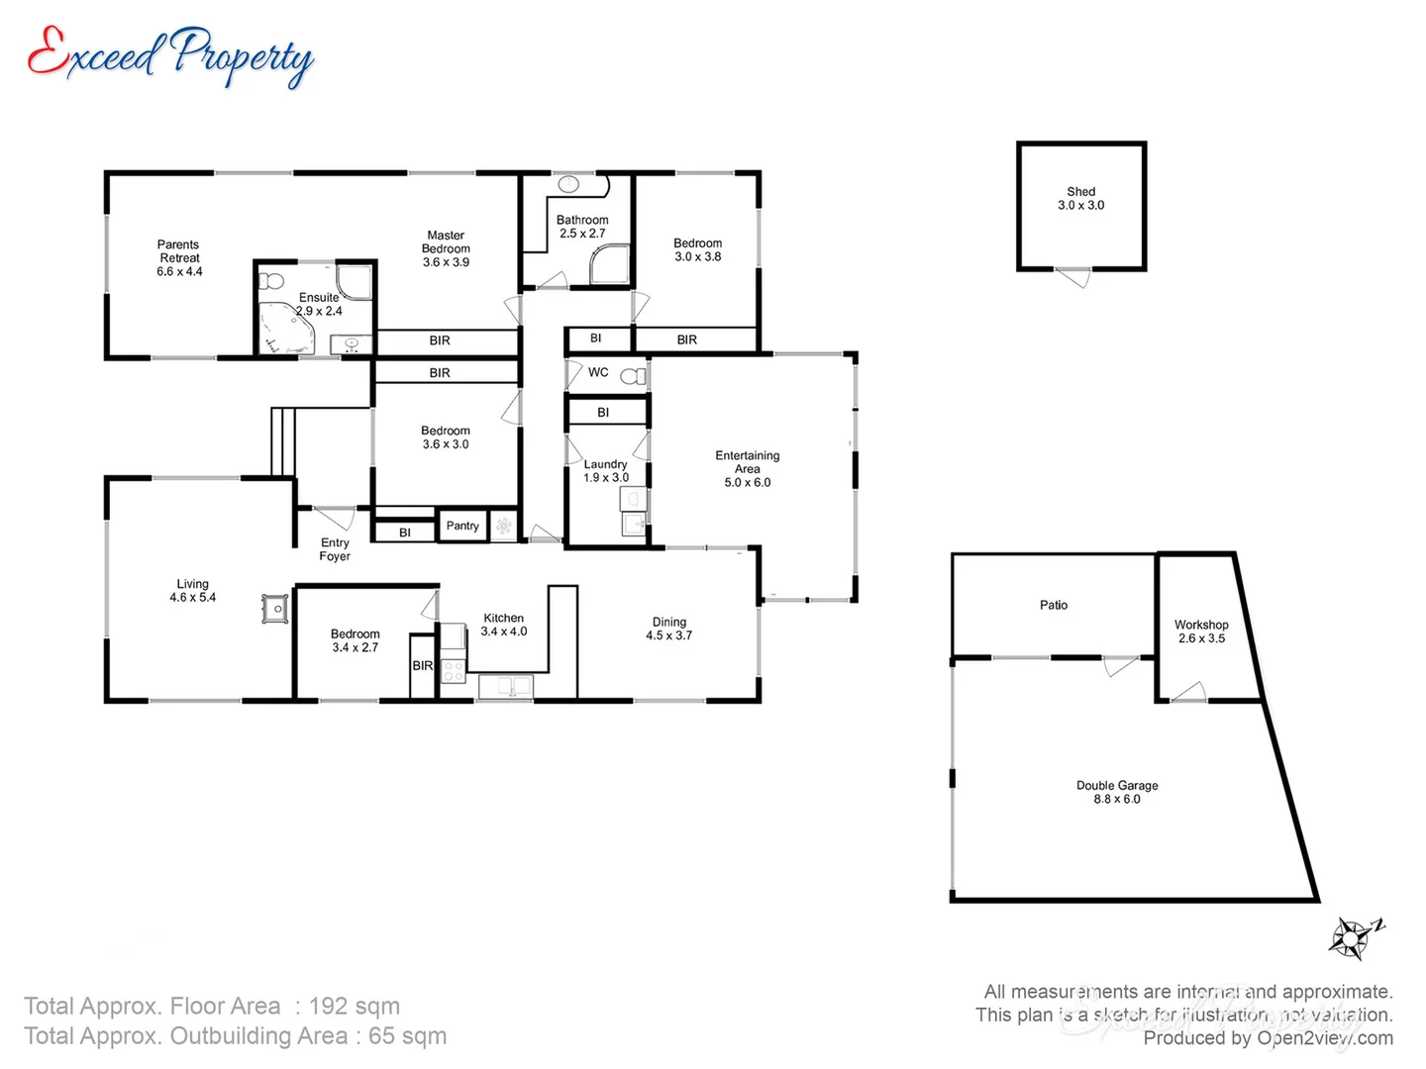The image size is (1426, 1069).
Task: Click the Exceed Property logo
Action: [170, 56]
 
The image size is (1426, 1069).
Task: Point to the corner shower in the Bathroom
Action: [610, 265]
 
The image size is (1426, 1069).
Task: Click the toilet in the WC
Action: [634, 376]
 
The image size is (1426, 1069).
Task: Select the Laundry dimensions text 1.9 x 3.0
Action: [606, 478]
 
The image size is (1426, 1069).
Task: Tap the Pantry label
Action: [462, 526]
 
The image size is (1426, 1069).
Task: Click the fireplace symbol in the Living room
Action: [275, 609]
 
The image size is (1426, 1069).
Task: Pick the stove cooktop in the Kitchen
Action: [454, 670]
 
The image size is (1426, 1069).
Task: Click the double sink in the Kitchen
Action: [506, 685]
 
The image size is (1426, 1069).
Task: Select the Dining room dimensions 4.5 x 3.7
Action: [669, 635]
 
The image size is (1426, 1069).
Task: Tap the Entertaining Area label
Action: [748, 462]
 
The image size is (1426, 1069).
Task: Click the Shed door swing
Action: [1073, 278]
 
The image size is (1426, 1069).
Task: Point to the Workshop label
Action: [1201, 625]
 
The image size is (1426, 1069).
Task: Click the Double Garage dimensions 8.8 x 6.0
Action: [1117, 799]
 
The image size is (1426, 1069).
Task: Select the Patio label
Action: [1054, 605]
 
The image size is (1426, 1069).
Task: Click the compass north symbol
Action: [1354, 937]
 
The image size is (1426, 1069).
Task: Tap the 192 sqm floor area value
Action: [355, 1007]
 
